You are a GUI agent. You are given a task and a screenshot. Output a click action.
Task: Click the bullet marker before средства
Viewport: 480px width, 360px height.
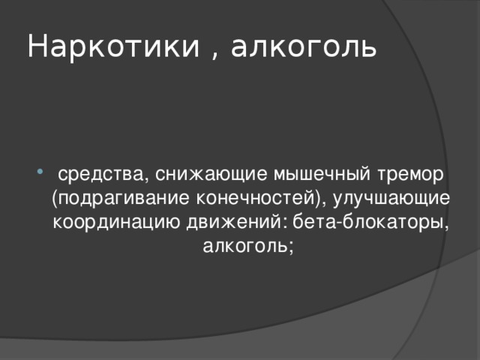tap(39, 175)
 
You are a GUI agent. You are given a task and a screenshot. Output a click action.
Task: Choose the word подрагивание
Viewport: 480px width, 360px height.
tap(119, 199)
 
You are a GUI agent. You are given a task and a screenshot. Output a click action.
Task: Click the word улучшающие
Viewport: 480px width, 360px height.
tap(393, 199)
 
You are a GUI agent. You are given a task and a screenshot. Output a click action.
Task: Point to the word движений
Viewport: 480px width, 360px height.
tap(235, 223)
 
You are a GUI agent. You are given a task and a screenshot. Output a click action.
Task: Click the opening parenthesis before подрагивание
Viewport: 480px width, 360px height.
tap(55, 199)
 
